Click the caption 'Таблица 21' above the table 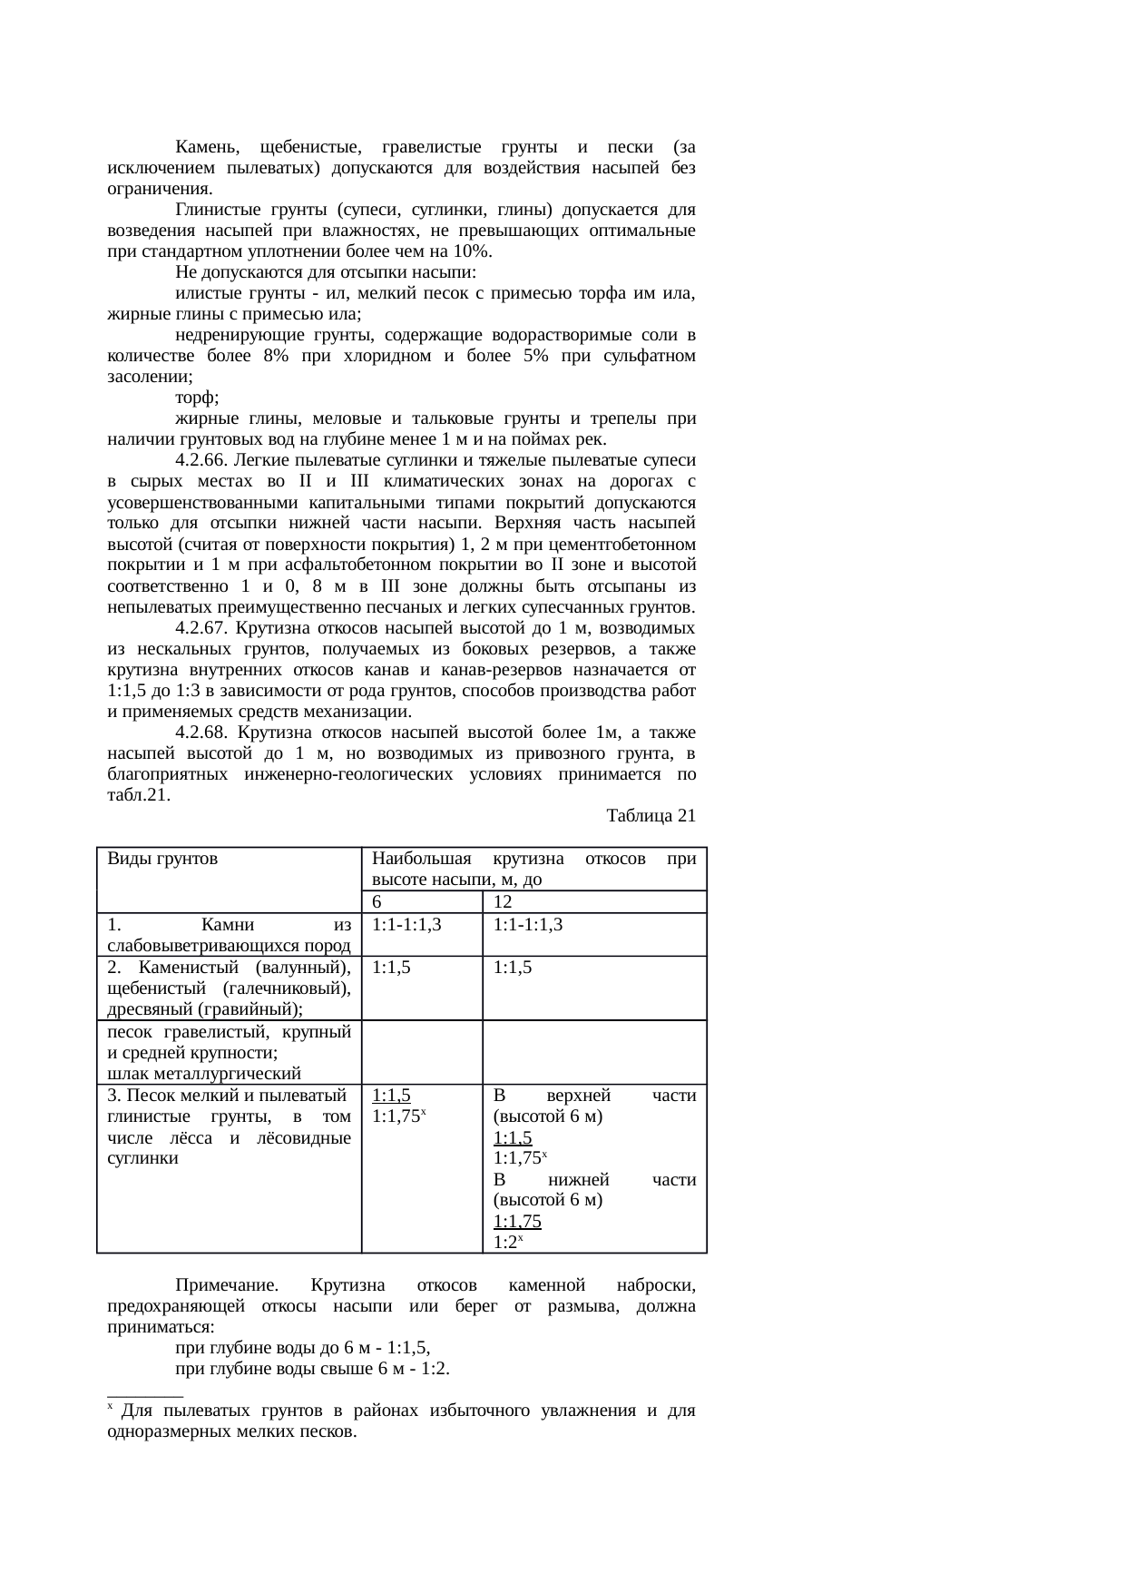tap(651, 816)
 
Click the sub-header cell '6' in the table tap(377, 902)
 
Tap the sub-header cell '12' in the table tap(504, 902)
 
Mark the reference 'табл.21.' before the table tap(139, 795)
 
